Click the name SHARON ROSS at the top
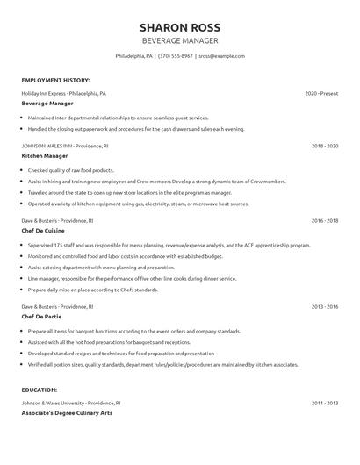coord(180,26)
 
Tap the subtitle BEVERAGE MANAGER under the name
coord(180,40)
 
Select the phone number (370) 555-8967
coord(176,55)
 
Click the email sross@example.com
coord(221,55)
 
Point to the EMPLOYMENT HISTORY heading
coord(55,79)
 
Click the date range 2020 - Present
coord(321,92)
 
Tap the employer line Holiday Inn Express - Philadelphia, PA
coord(64,92)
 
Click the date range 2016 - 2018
coord(324,220)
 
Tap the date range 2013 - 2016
coord(324,306)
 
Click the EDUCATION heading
coord(40,389)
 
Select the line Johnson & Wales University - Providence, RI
coord(71,402)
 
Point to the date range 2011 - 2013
coord(324,402)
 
